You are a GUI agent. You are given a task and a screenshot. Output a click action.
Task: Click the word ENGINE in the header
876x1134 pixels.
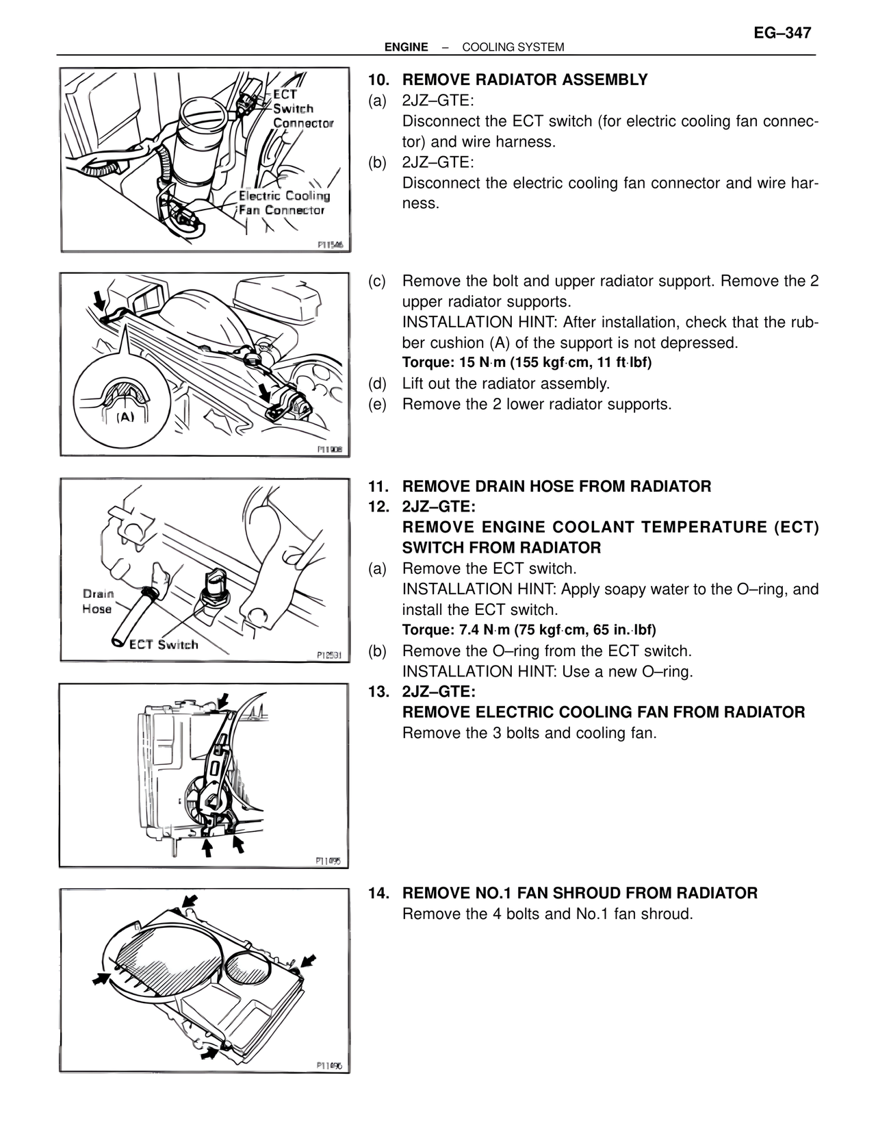[406, 47]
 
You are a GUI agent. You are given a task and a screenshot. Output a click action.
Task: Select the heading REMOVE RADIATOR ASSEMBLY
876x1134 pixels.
[524, 80]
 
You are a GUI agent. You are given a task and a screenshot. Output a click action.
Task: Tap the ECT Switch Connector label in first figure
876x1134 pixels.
[302, 109]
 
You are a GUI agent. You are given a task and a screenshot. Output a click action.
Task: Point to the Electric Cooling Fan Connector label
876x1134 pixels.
[283, 203]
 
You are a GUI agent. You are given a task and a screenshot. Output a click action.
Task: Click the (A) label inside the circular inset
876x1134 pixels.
[125, 417]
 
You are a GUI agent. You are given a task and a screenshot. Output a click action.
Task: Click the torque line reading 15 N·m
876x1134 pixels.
[526, 362]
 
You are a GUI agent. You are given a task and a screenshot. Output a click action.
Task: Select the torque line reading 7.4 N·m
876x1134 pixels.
[528, 629]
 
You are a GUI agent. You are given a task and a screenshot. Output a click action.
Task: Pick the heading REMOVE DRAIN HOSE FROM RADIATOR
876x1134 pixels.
[556, 486]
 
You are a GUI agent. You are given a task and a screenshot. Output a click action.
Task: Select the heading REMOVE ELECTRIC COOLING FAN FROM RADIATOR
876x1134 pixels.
[603, 712]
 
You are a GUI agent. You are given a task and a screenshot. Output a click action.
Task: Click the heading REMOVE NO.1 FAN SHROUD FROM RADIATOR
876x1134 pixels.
[580, 893]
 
